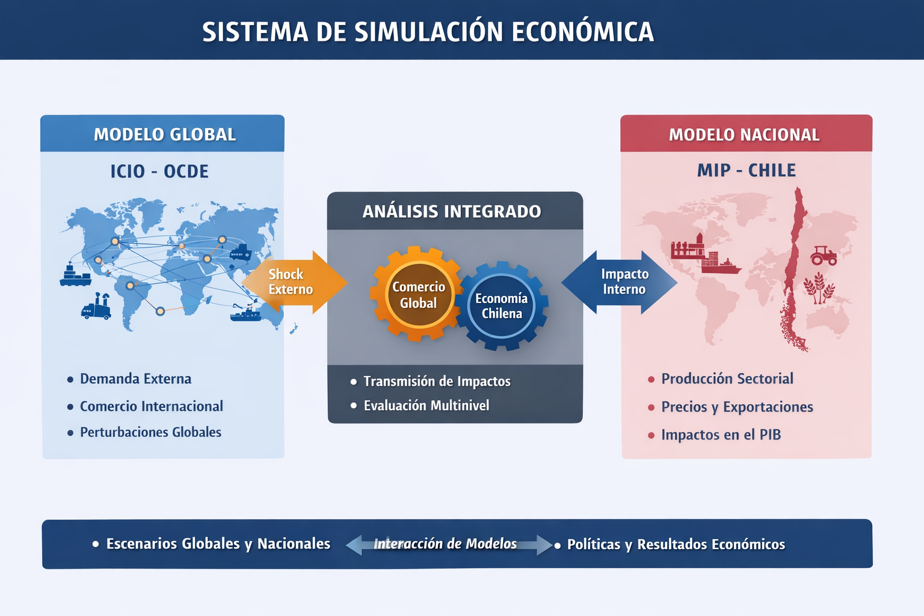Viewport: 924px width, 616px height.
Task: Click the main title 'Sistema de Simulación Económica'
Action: pyautogui.click(x=428, y=31)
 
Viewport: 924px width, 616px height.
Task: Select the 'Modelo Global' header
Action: pyautogui.click(x=164, y=134)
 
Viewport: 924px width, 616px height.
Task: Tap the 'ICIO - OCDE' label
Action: pyautogui.click(x=159, y=171)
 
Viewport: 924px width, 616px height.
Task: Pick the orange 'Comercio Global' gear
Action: pyautogui.click(x=419, y=295)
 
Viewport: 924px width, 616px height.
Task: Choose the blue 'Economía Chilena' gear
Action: pyautogui.click(x=502, y=306)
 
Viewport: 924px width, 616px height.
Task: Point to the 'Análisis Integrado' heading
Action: pyautogui.click(x=452, y=212)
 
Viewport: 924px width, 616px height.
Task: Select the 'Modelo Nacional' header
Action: pyautogui.click(x=744, y=135)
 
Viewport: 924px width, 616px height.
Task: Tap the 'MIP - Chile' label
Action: pyautogui.click(x=746, y=170)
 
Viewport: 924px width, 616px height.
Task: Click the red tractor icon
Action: pyautogui.click(x=824, y=255)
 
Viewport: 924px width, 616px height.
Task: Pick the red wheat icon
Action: pyautogui.click(x=819, y=288)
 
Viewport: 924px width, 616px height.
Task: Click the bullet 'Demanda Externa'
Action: pyautogui.click(x=135, y=379)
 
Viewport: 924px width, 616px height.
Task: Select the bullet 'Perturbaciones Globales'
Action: pyautogui.click(x=150, y=433)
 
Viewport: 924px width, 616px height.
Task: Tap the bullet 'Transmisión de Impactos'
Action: pyautogui.click(x=437, y=381)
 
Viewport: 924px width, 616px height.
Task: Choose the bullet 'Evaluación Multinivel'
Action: pyautogui.click(x=426, y=405)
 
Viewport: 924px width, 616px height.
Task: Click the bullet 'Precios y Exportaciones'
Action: pyautogui.click(x=737, y=407)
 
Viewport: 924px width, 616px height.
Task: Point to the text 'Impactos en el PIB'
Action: pyautogui.click(x=721, y=435)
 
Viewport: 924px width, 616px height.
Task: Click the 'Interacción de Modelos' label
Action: pyautogui.click(x=445, y=544)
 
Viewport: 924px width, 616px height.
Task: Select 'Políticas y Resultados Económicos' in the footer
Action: pyautogui.click(x=676, y=544)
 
